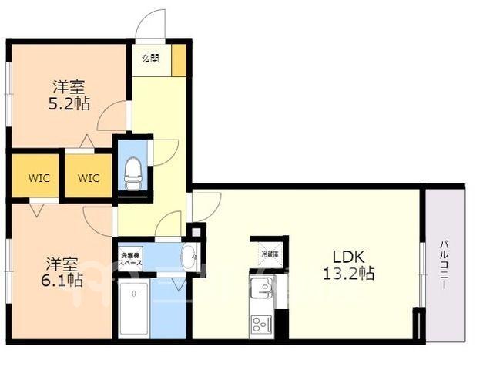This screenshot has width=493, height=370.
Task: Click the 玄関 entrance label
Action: [x=150, y=59]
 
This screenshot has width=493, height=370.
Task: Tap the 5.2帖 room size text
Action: [x=69, y=103]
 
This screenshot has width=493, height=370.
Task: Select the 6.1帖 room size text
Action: [x=62, y=280]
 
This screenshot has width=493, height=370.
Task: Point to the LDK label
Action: [x=349, y=257]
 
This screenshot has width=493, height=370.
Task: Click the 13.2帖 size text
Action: [x=349, y=273]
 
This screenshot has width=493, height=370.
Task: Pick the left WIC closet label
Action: [x=39, y=178]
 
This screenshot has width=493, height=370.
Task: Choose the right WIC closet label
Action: [x=89, y=178]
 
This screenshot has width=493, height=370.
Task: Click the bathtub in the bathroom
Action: [x=134, y=310]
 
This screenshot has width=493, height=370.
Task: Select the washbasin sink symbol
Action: [x=189, y=256]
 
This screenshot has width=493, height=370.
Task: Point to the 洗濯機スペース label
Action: [x=131, y=259]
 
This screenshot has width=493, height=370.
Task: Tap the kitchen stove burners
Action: [x=262, y=324]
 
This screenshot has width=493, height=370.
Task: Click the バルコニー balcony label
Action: [x=444, y=264]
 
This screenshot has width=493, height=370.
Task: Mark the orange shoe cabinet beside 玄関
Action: [x=179, y=60]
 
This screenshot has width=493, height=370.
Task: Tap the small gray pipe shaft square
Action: [x=196, y=233]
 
